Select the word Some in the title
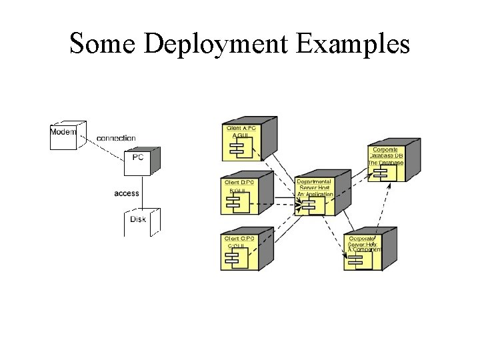[103, 43]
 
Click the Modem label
[63, 131]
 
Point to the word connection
[116, 138]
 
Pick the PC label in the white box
[137, 157]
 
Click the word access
[127, 193]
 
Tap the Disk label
[138, 219]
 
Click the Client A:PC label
[241, 127]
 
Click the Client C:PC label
[240, 238]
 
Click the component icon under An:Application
[309, 205]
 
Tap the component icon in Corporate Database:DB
[381, 173]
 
